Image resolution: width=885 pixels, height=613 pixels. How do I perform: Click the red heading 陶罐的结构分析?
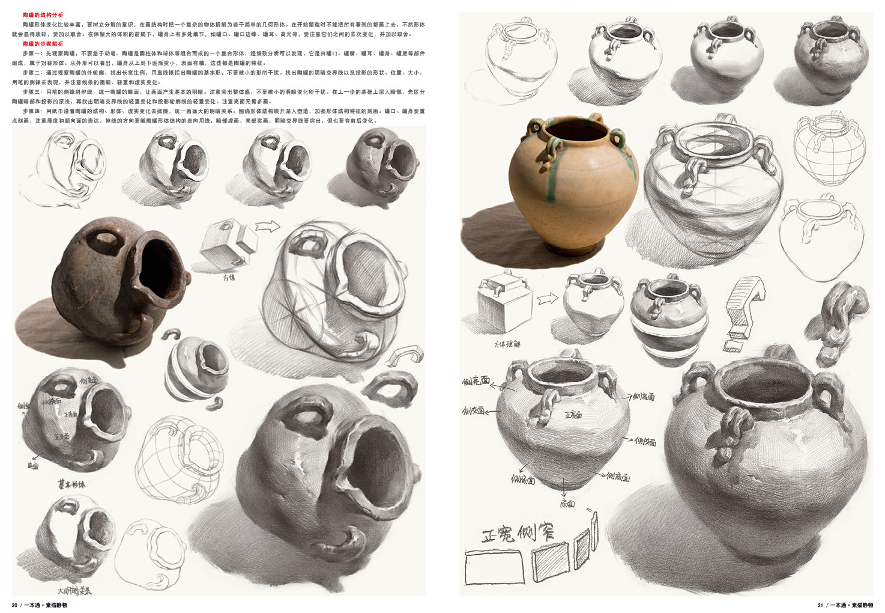(x=43, y=14)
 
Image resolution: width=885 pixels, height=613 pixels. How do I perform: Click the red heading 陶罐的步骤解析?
(x=43, y=44)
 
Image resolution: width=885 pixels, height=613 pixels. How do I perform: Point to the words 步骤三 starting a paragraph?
(x=31, y=92)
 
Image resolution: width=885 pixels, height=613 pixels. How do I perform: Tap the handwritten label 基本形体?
(x=71, y=484)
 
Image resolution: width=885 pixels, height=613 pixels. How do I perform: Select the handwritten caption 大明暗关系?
(x=74, y=590)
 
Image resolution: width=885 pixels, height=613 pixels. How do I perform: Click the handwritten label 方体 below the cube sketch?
(x=229, y=278)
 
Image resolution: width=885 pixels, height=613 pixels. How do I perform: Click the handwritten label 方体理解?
(x=507, y=344)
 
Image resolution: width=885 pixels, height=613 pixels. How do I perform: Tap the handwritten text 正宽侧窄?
(x=518, y=532)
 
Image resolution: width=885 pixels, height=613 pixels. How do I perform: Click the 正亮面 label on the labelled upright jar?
(x=573, y=415)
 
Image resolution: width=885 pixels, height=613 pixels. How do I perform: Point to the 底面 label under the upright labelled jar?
(x=567, y=504)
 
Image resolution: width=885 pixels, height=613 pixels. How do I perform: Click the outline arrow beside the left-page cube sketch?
(x=268, y=227)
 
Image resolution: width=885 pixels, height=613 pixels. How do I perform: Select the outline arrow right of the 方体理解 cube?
(x=548, y=298)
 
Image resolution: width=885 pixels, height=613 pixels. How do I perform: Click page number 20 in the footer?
(x=14, y=605)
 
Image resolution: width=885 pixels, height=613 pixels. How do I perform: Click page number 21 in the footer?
(x=820, y=605)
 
